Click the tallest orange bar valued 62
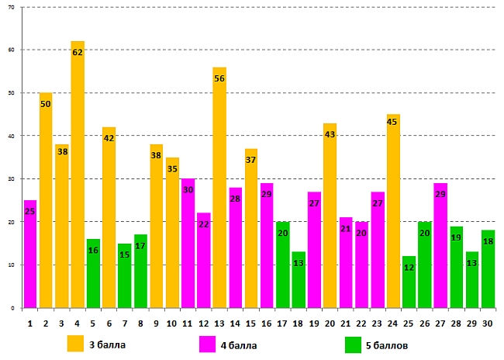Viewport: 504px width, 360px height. pyautogui.click(x=78, y=178)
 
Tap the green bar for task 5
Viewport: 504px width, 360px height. pyautogui.click(x=93, y=275)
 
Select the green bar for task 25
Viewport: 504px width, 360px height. pyautogui.click(x=409, y=283)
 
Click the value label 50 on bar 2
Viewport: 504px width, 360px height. pyautogui.click(x=46, y=103)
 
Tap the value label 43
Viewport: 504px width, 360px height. pyautogui.click(x=330, y=134)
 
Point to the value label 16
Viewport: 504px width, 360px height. pyautogui.click(x=93, y=251)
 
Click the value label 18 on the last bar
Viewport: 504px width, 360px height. pyautogui.click(x=488, y=241)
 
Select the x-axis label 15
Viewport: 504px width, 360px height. pyautogui.click(x=250, y=323)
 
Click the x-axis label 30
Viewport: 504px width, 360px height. pyautogui.click(x=488, y=323)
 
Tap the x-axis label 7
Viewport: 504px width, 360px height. pyautogui.click(x=125, y=323)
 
